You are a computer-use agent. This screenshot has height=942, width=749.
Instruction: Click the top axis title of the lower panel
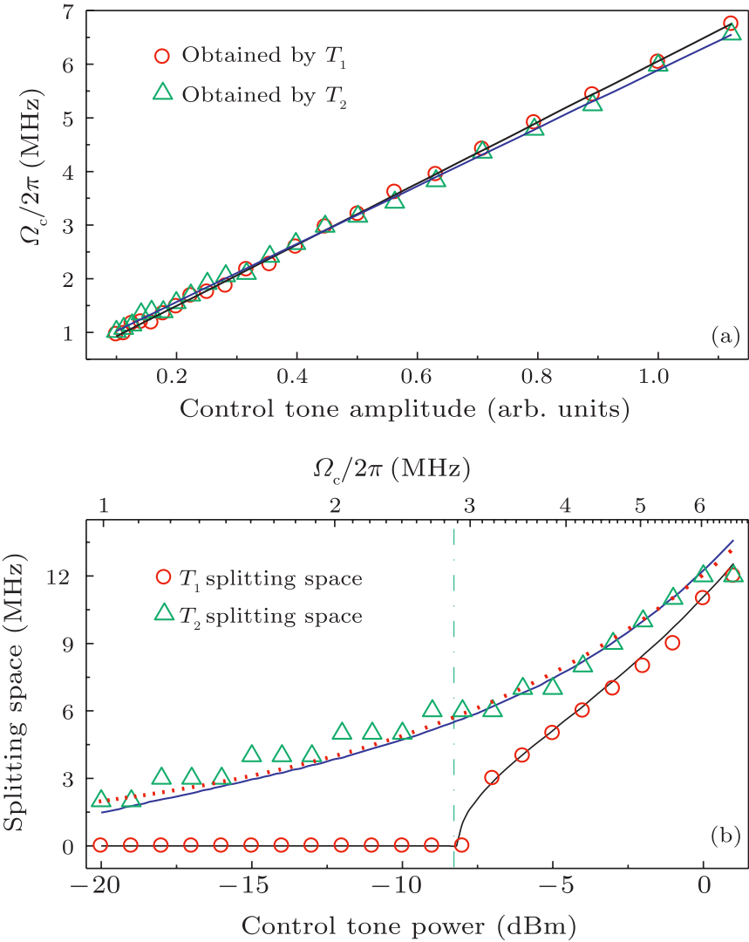tap(392, 468)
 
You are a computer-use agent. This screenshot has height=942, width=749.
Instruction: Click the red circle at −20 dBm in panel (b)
tap(101, 845)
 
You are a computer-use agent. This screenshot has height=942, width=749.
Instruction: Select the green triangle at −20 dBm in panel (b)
tap(101, 799)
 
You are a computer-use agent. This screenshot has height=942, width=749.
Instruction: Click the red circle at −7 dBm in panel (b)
tap(492, 777)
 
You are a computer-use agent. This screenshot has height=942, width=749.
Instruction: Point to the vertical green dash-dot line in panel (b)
tap(454, 698)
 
